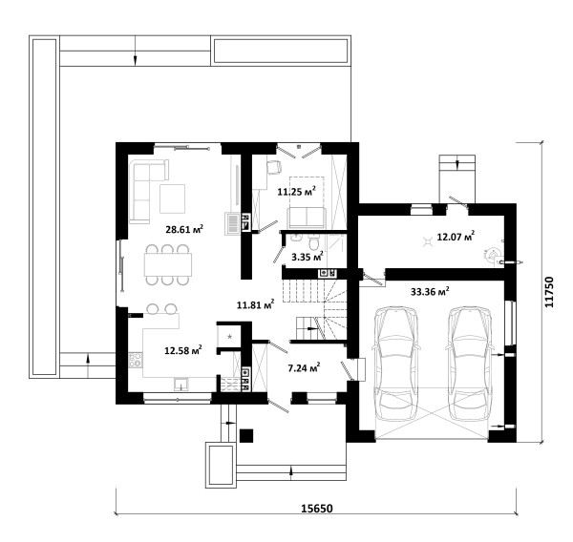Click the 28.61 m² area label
[x=184, y=229]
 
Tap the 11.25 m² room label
[x=296, y=191]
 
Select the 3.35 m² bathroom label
[x=308, y=257]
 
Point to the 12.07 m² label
[x=456, y=237]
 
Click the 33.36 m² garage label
[x=430, y=291]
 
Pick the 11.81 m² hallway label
[x=255, y=304]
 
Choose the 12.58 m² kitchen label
[x=183, y=350]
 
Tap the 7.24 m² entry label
[x=304, y=367]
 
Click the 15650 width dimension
[x=317, y=509]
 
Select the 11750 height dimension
[x=549, y=292]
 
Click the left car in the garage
[x=396, y=365]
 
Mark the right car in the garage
[x=470, y=365]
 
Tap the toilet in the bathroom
[x=314, y=241]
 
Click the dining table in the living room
[x=168, y=264]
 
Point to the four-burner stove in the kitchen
[x=136, y=360]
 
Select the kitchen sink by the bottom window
[x=180, y=384]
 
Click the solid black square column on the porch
[x=246, y=435]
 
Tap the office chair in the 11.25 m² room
[x=274, y=167]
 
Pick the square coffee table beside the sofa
[x=172, y=198]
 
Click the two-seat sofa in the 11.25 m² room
[x=307, y=218]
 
